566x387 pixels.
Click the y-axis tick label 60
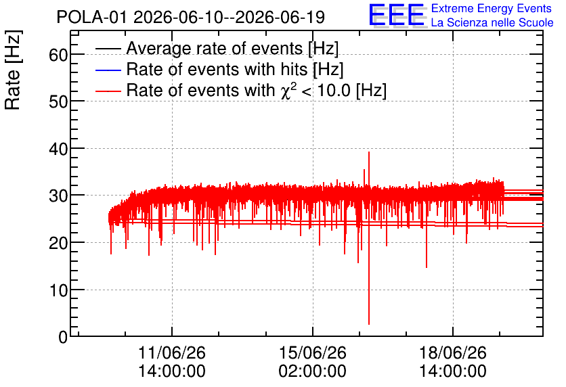58,55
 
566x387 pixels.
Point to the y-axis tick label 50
58,102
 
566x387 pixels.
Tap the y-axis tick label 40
58,149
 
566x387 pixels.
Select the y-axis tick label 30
58,196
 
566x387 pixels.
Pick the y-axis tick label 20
58,243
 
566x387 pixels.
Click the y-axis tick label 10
58,290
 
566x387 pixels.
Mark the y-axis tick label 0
63,337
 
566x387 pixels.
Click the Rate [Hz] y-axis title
13,70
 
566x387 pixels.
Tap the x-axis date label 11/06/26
172,352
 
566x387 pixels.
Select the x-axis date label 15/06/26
313,352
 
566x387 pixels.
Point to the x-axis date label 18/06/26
453,352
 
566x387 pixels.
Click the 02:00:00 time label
313,371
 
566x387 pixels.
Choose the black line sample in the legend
108,49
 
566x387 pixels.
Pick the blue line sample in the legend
108,70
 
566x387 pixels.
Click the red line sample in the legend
108,91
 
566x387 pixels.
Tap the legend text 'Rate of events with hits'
217,69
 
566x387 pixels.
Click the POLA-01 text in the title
91,18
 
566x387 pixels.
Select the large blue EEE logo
397,15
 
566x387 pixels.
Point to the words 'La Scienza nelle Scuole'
492,23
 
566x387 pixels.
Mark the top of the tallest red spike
369,152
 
